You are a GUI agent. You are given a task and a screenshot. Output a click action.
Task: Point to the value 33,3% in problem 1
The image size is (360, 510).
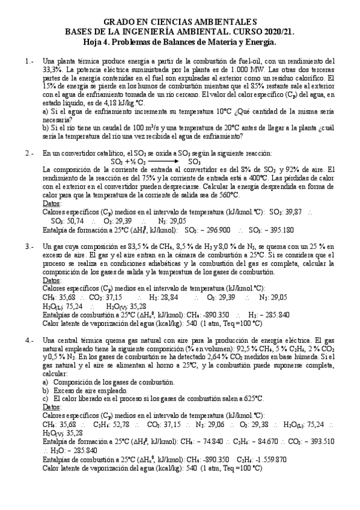point(55,70)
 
